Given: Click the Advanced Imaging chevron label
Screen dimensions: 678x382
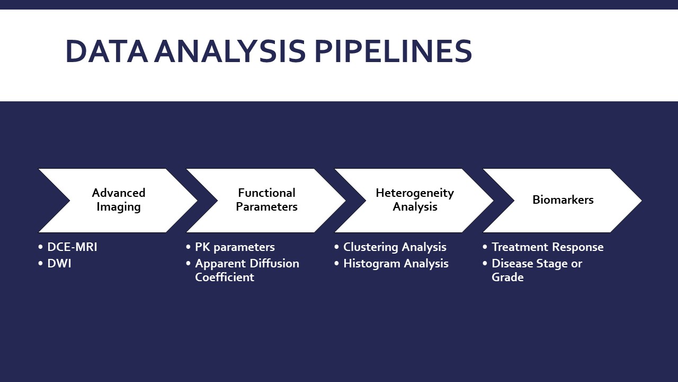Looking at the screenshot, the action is point(118,200).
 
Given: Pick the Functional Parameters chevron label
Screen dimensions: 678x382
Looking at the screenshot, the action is point(266,200).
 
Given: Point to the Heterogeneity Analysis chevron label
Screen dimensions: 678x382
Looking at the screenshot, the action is point(415,200).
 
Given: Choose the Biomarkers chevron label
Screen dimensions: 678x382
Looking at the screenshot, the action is point(563,200).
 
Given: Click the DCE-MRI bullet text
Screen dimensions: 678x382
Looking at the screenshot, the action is point(72,247).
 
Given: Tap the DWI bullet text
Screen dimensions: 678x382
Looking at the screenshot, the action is point(59,264).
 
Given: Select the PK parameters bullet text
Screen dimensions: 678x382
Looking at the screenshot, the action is point(235,247).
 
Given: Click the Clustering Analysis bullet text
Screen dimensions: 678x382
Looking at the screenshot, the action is point(395,247).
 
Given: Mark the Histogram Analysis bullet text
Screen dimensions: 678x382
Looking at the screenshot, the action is point(396,264).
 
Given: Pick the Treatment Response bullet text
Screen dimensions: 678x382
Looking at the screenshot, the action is point(547,247).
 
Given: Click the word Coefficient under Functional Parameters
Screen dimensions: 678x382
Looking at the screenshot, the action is point(225,277).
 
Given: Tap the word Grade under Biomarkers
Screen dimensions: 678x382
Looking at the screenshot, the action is point(507,277).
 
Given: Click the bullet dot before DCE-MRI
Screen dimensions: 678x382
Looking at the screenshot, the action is point(41,248).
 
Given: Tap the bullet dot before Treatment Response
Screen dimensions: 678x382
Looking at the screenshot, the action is point(485,248).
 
